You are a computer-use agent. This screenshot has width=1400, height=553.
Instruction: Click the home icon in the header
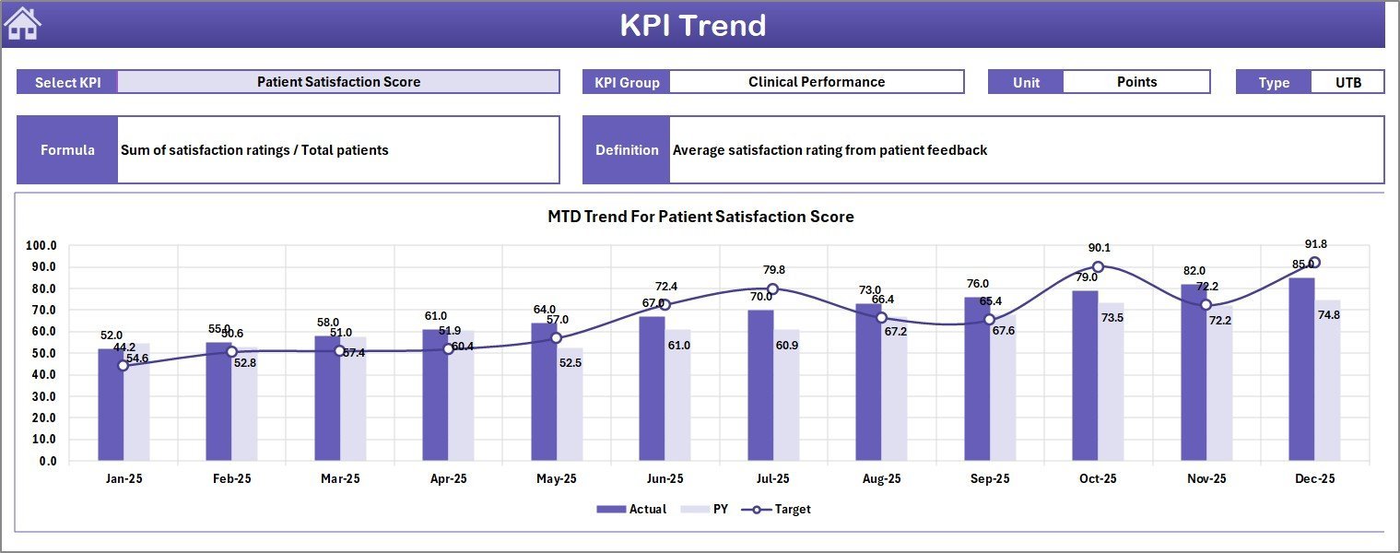coord(23,24)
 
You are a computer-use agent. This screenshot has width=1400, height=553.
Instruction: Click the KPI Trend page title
coord(692,25)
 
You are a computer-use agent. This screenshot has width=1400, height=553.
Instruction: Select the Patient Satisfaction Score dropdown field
coord(338,82)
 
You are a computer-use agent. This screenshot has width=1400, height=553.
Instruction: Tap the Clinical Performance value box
coord(816,82)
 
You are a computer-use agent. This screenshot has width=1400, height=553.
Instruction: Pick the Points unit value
coord(1136,82)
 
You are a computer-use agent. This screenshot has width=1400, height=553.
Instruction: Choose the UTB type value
coord(1347,82)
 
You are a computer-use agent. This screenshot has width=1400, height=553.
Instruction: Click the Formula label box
coord(67,150)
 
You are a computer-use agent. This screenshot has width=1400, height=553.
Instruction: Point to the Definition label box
coord(627,150)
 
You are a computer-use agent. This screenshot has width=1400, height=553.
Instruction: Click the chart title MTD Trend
coord(700,217)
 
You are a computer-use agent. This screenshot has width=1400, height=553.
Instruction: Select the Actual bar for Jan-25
coord(111,406)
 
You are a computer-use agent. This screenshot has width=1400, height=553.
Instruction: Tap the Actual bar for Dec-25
coord(1301,369)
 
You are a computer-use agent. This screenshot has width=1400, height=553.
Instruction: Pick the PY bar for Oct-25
coord(1112,382)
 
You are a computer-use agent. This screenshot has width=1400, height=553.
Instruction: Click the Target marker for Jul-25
coord(773,289)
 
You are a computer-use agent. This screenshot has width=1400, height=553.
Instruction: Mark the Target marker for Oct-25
coord(1098,267)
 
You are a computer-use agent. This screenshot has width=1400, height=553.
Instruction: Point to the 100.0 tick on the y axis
coord(41,246)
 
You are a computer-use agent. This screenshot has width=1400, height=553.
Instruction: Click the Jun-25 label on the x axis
coord(665,479)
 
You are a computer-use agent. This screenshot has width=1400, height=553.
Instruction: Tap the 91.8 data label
coord(1315,244)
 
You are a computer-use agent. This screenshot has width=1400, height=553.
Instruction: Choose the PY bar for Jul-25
coord(786,396)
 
